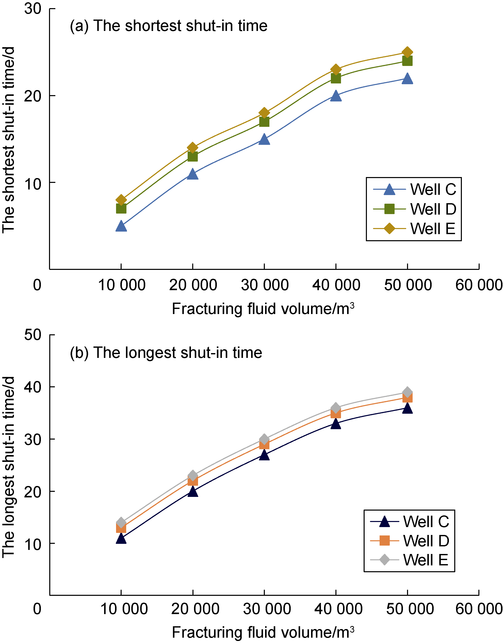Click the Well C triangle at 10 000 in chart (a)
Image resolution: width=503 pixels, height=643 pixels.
tap(121, 226)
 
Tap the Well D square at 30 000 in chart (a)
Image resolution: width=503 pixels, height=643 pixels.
tap(264, 121)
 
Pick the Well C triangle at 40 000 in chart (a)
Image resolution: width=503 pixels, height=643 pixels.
tap(336, 96)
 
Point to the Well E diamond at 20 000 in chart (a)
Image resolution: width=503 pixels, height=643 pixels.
tap(193, 148)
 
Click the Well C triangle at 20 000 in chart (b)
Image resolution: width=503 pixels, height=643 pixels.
tap(193, 492)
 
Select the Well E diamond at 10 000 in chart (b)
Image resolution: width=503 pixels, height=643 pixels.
tap(121, 523)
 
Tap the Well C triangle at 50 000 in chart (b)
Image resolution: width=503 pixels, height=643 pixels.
tap(407, 409)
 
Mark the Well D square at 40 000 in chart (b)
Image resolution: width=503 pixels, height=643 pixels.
tap(336, 414)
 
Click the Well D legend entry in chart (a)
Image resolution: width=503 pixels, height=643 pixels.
tap(414, 209)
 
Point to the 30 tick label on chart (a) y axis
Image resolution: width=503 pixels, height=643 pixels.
tap(33, 9)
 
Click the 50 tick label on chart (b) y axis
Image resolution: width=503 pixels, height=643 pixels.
tap(33, 335)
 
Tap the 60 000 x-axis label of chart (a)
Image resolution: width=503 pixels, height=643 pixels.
tap(479, 285)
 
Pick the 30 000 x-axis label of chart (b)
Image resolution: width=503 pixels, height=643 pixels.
tap(267, 609)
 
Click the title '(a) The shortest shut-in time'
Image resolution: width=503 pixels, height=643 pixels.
tap(169, 26)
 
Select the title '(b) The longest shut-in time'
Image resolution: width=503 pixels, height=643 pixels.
tap(166, 353)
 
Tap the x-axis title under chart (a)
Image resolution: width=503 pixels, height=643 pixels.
tap(263, 309)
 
